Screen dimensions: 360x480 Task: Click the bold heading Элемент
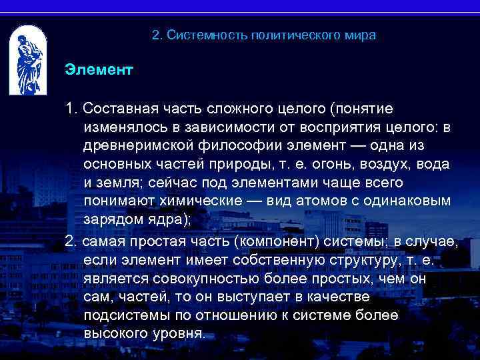pyautogui.click(x=99, y=69)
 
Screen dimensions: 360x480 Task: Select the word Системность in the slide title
pyautogui.click(x=207, y=35)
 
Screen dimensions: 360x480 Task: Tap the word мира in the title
pyautogui.click(x=361, y=35)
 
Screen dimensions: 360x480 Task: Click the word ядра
pyautogui.click(x=166, y=219)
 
